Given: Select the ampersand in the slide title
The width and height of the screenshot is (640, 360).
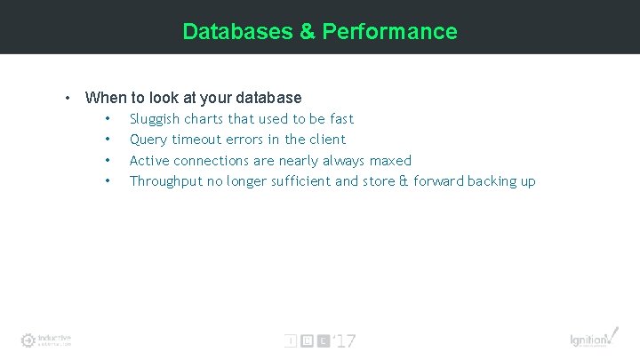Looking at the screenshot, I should tap(307, 32).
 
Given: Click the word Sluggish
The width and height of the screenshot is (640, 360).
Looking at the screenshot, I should tap(155, 119).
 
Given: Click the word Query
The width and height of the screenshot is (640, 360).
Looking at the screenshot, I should tap(148, 140).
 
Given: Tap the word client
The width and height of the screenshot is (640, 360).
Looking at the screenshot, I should tap(326, 140).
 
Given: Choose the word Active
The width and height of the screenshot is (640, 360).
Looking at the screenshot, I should tap(150, 161).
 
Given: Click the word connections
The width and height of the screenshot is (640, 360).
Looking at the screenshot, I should tap(212, 161).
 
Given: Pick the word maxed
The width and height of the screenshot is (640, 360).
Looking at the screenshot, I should tap(392, 161).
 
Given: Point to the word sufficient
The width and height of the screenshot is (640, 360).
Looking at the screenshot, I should tap(304, 181).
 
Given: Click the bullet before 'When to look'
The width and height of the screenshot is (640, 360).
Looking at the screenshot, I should tap(67, 98).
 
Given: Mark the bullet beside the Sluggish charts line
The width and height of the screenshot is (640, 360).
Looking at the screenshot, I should tap(108, 119).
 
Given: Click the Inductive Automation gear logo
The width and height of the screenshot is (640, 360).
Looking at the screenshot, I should tap(28, 340).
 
